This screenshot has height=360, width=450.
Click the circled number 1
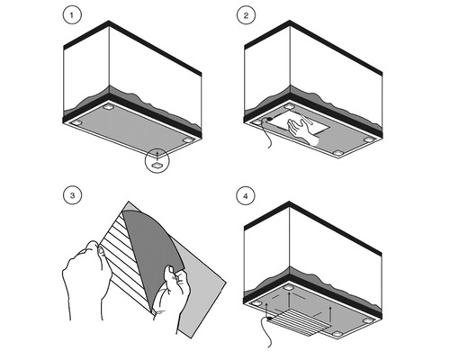(x=72, y=15)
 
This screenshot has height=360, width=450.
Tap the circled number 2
(x=246, y=15)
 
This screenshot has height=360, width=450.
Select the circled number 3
(x=72, y=195)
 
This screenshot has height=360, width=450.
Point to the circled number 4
(x=246, y=196)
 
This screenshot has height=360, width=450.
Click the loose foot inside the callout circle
(x=157, y=165)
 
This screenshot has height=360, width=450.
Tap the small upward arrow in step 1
(x=157, y=154)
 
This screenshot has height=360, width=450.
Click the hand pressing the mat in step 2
(x=301, y=131)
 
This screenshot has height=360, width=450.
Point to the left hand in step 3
(x=84, y=279)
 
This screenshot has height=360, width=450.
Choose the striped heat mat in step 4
(x=300, y=322)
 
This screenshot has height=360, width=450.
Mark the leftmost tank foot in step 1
(x=76, y=122)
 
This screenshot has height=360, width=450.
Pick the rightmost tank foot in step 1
(x=188, y=139)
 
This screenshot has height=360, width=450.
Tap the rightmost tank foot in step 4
(x=369, y=320)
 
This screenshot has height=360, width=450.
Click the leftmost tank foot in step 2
(x=256, y=122)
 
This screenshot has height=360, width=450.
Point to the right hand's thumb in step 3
(x=171, y=272)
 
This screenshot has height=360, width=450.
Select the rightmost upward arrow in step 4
(x=330, y=314)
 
